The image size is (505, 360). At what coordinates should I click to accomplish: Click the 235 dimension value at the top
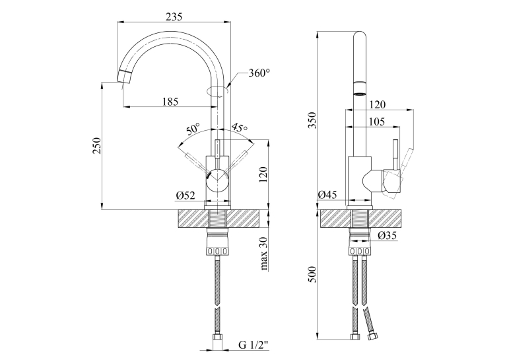174,17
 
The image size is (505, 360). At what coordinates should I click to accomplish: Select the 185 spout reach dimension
170,102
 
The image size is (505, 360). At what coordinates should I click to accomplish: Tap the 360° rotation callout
259,73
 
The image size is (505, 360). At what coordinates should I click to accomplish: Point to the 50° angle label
193,129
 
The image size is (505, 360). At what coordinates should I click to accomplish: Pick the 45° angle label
240,127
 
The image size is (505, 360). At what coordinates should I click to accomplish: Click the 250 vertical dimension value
97,146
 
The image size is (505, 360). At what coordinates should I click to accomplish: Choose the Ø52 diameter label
185,196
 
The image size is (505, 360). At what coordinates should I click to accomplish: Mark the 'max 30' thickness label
264,253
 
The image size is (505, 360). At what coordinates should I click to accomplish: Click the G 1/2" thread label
253,345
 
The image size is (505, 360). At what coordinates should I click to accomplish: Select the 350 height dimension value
312,120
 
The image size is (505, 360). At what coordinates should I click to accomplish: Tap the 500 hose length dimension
312,274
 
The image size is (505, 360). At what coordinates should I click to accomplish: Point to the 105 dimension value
376,122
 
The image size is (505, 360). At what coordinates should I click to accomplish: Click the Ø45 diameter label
327,195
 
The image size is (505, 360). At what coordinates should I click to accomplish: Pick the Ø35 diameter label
387,236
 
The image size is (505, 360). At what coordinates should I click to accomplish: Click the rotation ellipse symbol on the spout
218,91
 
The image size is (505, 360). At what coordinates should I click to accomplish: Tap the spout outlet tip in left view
124,77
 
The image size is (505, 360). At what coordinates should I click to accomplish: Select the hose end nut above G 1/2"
218,339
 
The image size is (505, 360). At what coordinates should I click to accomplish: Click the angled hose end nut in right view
373,338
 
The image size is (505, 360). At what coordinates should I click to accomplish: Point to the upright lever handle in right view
395,155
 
